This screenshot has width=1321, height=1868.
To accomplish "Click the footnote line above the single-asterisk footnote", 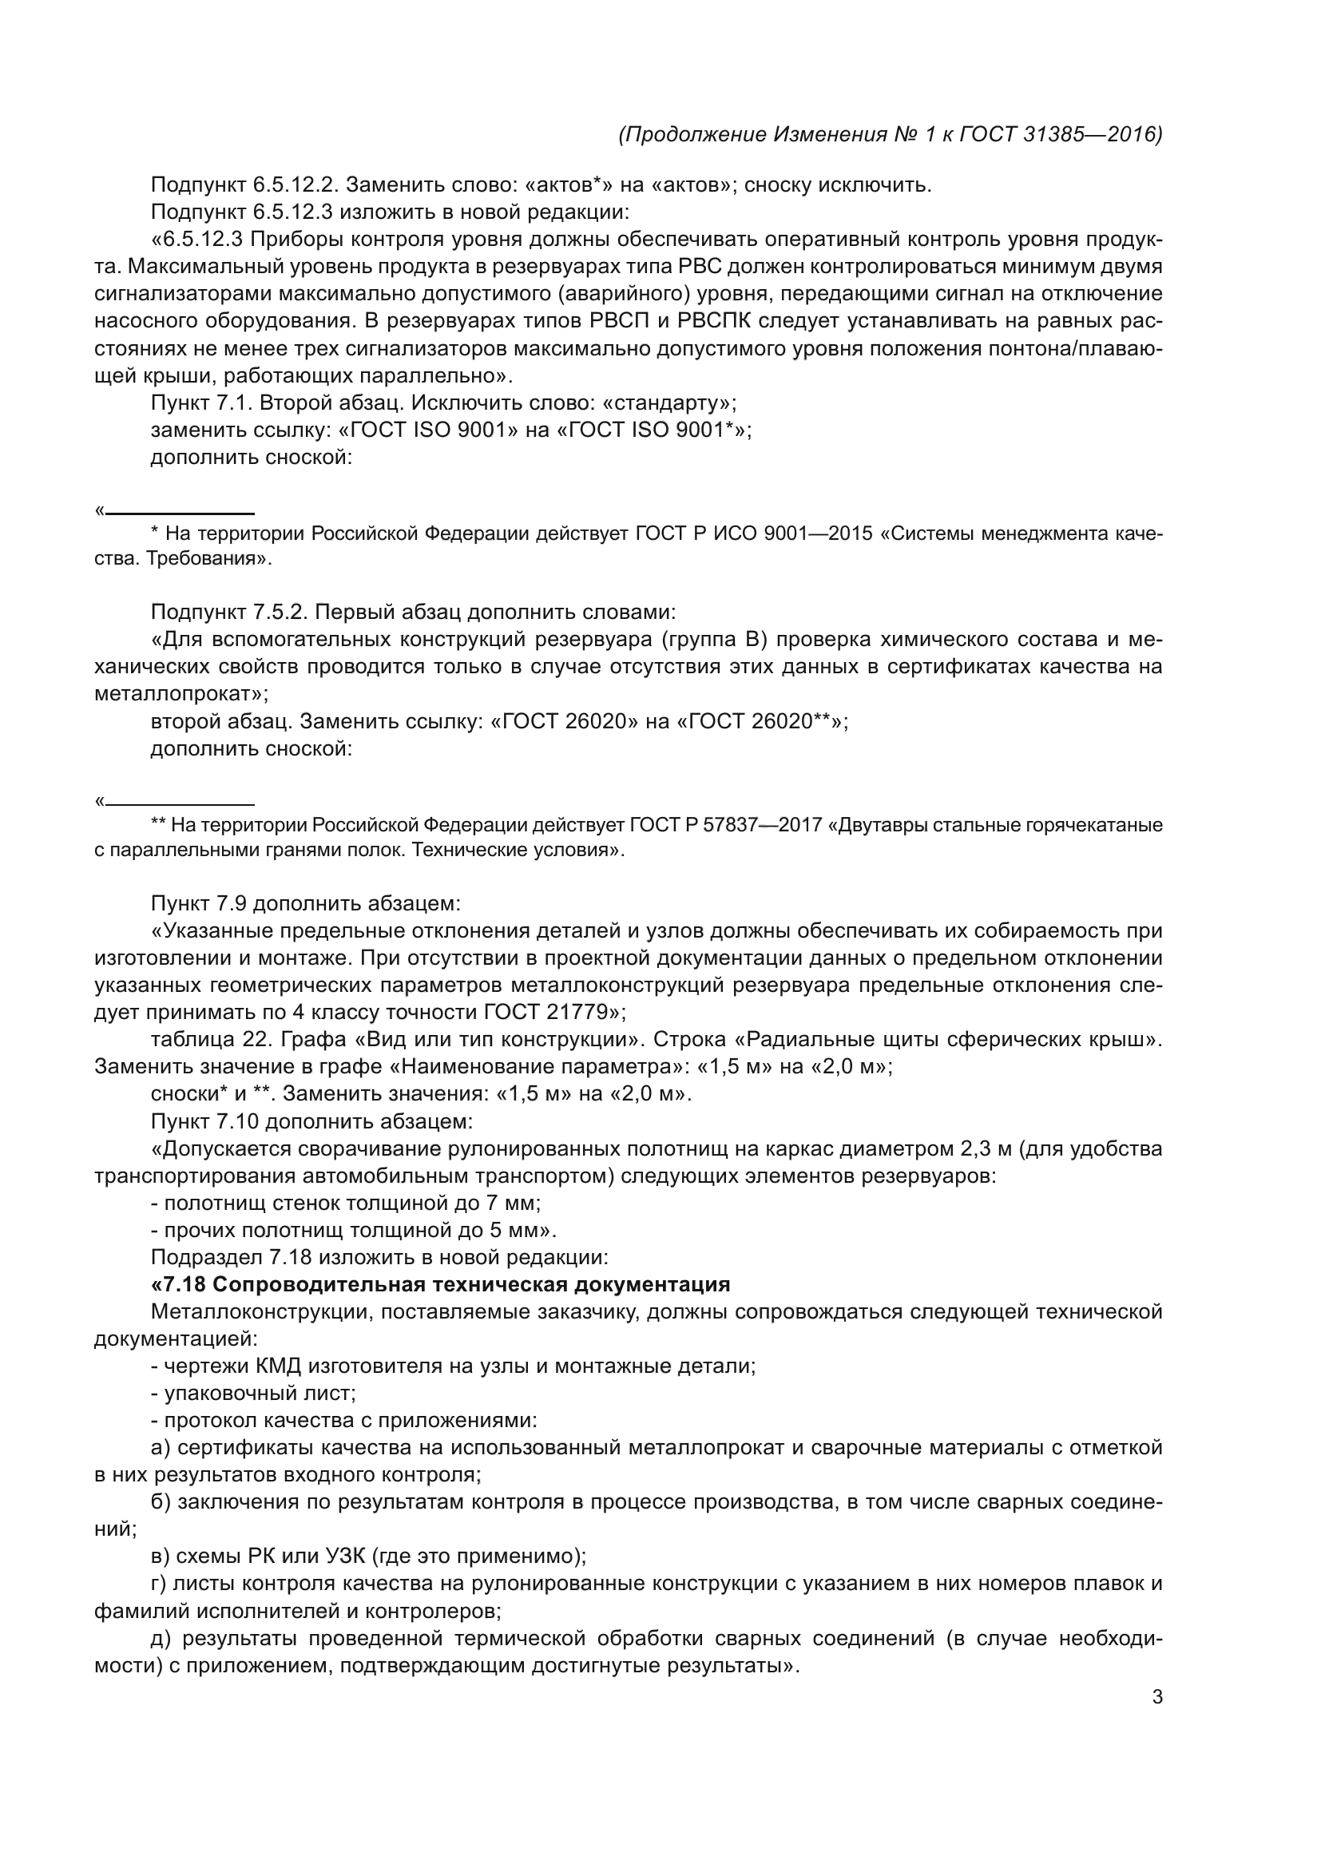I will coord(180,514).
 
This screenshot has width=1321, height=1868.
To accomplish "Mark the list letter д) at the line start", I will coord(161,1639).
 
